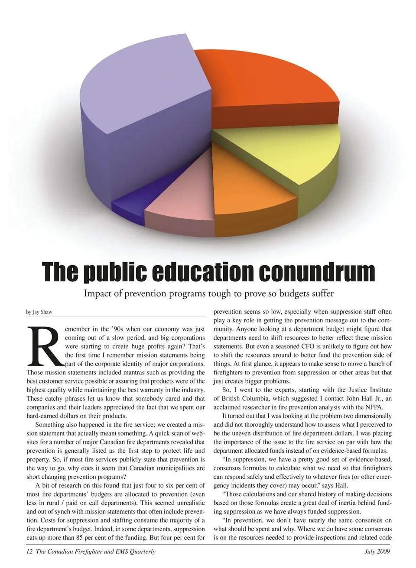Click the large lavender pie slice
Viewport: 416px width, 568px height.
click(x=139, y=87)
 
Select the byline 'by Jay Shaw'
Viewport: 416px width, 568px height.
click(x=39, y=312)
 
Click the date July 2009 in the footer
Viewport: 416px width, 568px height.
click(x=377, y=552)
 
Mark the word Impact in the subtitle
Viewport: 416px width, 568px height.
click(x=97, y=294)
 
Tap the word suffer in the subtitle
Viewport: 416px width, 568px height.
click(x=321, y=294)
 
